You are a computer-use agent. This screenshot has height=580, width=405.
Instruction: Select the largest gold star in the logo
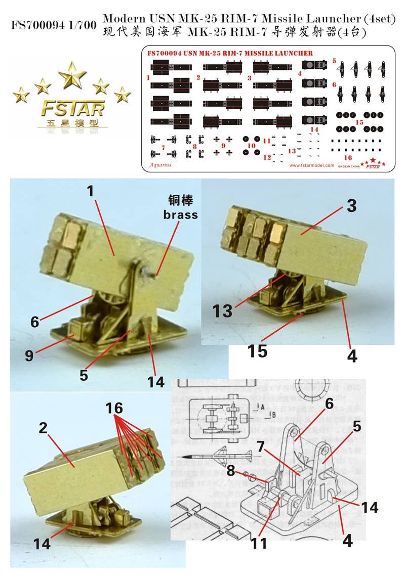pyautogui.click(x=72, y=75)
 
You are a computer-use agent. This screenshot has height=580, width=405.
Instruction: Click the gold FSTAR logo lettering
pyautogui.click(x=72, y=108)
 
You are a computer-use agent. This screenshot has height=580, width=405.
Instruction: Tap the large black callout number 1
pyautogui.click(x=90, y=192)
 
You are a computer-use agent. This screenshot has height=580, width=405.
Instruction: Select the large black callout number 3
pyautogui.click(x=352, y=206)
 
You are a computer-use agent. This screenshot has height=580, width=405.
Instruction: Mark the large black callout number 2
pyautogui.click(x=44, y=428)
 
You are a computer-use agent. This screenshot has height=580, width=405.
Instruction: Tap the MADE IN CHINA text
pyautogui.click(x=349, y=165)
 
